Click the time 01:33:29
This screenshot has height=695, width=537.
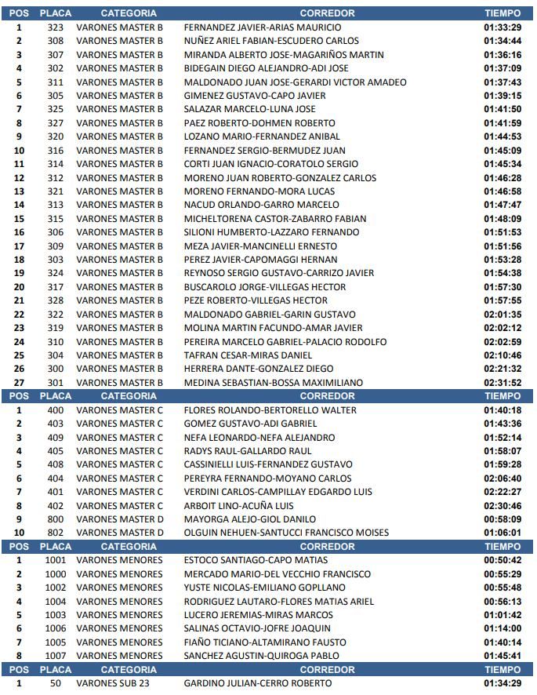503,27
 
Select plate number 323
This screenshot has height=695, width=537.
55,27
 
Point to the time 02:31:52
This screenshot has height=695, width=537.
503,383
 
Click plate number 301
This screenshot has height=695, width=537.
55,383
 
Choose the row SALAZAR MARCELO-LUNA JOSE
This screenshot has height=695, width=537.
249,109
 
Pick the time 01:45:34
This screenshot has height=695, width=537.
503,164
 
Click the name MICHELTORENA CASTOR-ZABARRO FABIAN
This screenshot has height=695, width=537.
270,219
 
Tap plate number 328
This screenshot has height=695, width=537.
55,300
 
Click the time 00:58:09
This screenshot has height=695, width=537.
503,519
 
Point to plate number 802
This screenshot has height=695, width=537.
55,533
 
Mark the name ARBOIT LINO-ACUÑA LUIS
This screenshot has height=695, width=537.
239,506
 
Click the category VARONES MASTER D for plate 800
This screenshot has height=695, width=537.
120,519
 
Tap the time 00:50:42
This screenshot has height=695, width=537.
503,560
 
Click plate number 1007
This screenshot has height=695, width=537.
55,656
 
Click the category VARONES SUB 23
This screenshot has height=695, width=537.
114,683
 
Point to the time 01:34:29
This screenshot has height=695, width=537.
503,683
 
